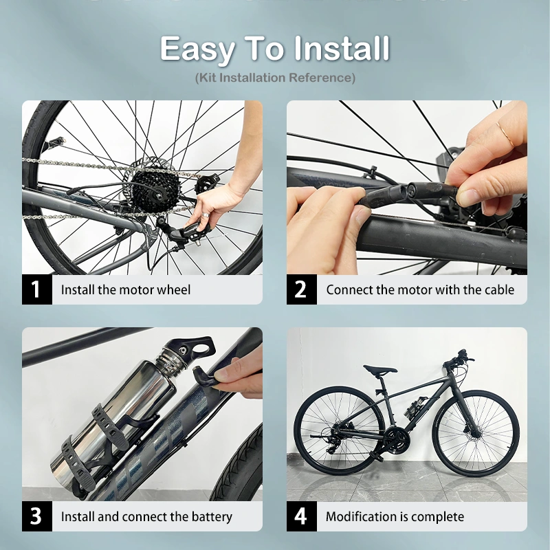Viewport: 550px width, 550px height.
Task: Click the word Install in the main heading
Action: click(x=342, y=49)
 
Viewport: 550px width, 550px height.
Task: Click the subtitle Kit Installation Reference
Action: click(x=275, y=78)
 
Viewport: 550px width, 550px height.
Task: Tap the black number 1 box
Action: click(x=36, y=289)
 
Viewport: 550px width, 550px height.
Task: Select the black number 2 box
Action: click(x=301, y=289)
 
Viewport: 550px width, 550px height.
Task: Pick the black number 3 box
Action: click(x=36, y=516)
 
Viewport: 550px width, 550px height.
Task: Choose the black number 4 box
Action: click(x=301, y=516)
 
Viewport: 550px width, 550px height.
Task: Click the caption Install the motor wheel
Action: click(x=126, y=289)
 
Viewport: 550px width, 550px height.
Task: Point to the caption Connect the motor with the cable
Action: click(x=420, y=289)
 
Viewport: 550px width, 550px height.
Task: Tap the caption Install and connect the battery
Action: click(x=146, y=516)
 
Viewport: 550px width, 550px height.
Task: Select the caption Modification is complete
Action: click(x=395, y=516)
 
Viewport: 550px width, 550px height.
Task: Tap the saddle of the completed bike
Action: click(x=379, y=370)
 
